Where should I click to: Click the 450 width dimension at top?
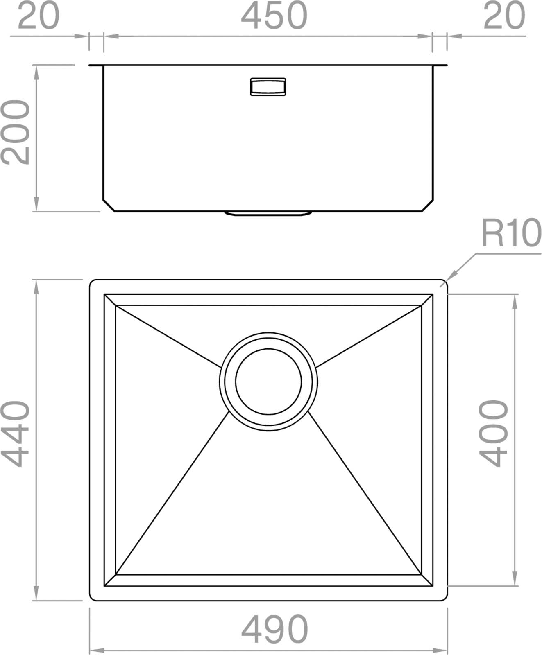274,16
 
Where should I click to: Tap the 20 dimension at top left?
39,16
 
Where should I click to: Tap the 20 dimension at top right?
504,16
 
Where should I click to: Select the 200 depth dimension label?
16,132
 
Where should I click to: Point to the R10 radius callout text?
511,233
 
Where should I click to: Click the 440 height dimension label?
16,434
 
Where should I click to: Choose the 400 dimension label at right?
493,434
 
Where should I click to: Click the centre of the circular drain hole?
268,381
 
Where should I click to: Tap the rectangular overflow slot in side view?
268,86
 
